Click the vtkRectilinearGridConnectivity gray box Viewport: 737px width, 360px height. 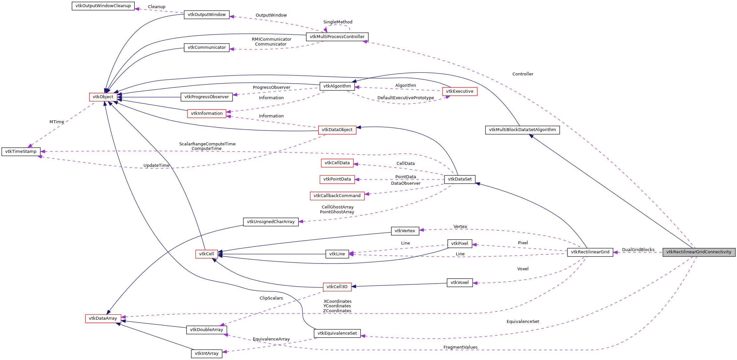(699, 252)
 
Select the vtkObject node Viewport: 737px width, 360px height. (103, 97)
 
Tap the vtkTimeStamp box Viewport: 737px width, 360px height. (21, 152)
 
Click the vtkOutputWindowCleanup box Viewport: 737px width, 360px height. (103, 6)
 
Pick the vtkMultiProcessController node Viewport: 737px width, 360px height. (337, 37)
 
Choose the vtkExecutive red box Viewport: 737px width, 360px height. (459, 91)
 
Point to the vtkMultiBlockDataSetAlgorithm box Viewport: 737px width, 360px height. (522, 130)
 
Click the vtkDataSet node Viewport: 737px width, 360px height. (459, 179)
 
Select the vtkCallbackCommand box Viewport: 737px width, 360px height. (337, 196)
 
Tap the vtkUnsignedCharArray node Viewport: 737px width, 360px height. (271, 222)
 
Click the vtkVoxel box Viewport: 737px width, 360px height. (459, 283)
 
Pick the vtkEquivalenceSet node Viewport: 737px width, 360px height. (337, 333)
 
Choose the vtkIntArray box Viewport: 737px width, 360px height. (207, 353)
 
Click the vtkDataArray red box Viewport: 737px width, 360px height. (103, 318)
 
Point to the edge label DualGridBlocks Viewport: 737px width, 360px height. (638, 250)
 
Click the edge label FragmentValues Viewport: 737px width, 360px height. (460, 347)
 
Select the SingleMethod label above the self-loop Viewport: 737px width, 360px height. (337, 22)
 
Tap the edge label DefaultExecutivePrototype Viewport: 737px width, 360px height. (405, 98)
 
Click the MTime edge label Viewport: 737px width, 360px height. (57, 122)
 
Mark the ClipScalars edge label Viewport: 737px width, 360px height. (271, 298)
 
